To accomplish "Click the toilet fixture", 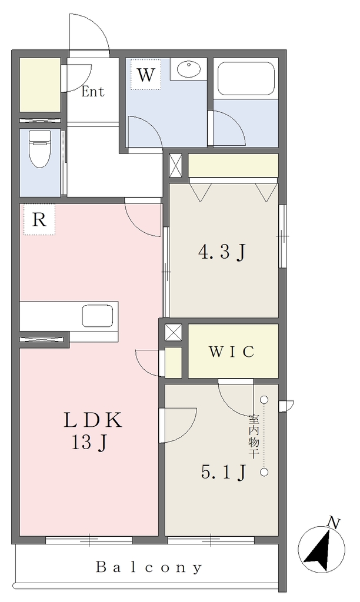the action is (x=41, y=148).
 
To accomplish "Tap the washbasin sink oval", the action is (x=189, y=69).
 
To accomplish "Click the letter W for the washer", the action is (x=146, y=75).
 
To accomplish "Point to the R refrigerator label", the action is (x=39, y=220).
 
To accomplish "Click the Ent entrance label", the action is (x=92, y=91).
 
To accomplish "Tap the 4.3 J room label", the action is (x=222, y=253).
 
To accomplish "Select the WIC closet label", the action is (x=232, y=352).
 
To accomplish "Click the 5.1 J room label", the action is (x=223, y=472).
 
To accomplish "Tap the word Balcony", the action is (x=149, y=567).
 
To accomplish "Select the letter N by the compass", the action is (x=334, y=523).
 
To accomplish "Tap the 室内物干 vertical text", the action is (x=253, y=436).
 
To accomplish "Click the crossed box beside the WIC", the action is (x=174, y=333).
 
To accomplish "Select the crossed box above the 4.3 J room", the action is (x=175, y=165).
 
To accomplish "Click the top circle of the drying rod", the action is (x=264, y=400).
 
